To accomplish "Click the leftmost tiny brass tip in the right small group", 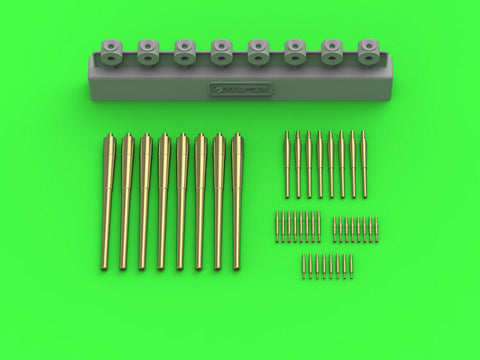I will pos(335,228).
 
